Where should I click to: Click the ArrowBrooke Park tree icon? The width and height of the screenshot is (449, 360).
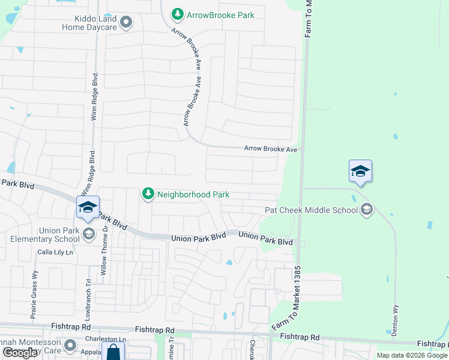(x=177, y=14)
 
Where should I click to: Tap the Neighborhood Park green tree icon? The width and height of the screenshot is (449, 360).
(x=148, y=194)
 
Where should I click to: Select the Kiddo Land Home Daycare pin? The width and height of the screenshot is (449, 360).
(x=126, y=23)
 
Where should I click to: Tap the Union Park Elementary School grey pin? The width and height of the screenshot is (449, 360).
(x=89, y=233)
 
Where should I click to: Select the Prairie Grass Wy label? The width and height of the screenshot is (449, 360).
(x=34, y=289)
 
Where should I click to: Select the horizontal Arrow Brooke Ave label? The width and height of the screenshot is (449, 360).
(x=271, y=149)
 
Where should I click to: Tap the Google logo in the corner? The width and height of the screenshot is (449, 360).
(x=20, y=353)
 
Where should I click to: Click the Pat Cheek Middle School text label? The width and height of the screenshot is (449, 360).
(x=312, y=210)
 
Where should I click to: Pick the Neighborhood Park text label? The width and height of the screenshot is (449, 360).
(x=193, y=194)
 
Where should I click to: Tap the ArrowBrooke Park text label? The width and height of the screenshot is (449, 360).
(x=220, y=14)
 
